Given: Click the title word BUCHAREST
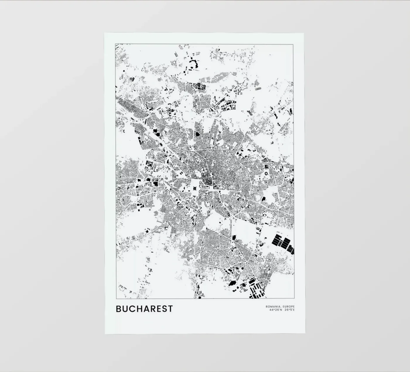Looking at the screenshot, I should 144,309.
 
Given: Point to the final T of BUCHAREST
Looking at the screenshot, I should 170,309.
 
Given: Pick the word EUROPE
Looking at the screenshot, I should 289,307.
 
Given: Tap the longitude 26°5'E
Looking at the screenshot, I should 290,310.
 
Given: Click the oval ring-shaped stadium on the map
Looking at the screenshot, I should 266,173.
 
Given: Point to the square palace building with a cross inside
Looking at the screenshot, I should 194,188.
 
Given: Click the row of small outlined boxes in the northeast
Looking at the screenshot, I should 258,88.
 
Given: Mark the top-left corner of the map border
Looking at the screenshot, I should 115,44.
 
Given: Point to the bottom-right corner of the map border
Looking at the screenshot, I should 294,298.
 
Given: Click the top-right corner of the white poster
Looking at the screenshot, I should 304,33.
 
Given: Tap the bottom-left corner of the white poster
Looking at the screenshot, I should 105,334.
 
